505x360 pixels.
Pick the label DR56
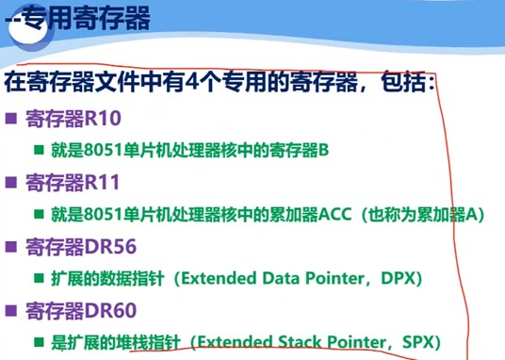[x=110, y=247]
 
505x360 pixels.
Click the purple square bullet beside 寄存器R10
[x=12, y=120]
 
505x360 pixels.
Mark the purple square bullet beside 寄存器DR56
[x=12, y=248]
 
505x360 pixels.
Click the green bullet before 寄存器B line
[x=40, y=150]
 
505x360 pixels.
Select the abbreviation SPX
[x=421, y=343]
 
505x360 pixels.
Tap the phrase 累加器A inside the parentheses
[x=445, y=215]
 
